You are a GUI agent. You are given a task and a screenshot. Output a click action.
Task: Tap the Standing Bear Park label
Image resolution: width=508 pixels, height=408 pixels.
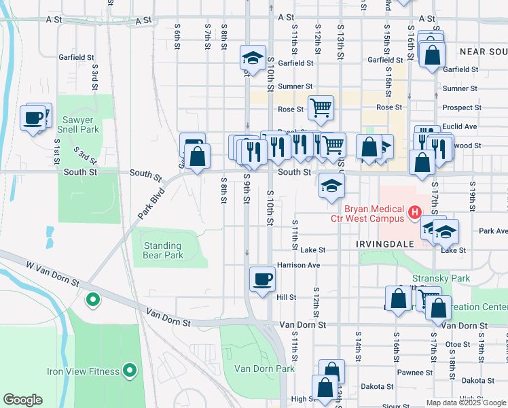(163, 250)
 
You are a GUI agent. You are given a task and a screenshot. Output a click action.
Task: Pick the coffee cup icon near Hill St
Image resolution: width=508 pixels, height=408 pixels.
(262, 279)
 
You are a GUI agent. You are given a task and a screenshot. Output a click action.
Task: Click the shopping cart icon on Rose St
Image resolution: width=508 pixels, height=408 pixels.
(321, 107)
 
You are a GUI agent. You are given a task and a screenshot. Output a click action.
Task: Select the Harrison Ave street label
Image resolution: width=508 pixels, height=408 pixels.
(297, 265)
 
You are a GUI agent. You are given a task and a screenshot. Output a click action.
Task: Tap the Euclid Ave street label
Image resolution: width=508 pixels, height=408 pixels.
(460, 126)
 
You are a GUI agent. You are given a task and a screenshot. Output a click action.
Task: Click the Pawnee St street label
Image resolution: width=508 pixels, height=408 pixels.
(415, 372)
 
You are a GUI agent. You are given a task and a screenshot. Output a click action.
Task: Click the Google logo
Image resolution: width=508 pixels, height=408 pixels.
(23, 400)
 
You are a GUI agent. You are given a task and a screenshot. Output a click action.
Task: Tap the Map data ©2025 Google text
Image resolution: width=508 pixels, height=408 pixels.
(465, 403)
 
